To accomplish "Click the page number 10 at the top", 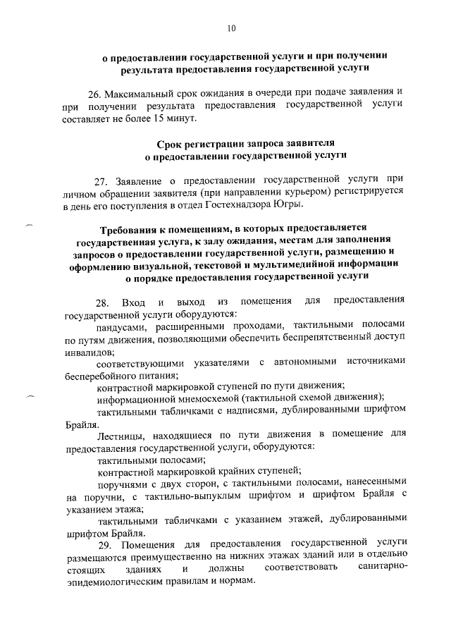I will (x=231, y=28).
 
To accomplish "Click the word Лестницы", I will (x=119, y=436).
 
